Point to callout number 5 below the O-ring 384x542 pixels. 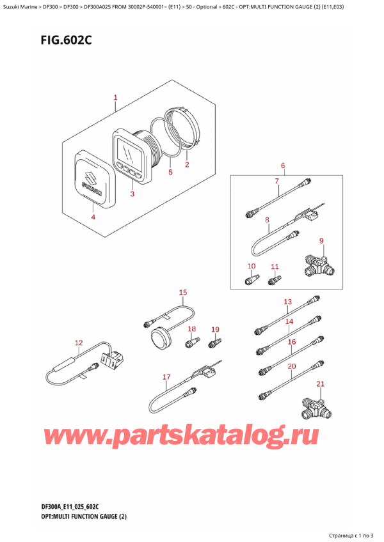(170, 172)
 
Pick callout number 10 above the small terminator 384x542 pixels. (251, 266)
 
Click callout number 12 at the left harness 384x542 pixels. (79, 343)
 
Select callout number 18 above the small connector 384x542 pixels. (191, 329)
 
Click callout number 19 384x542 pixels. (215, 329)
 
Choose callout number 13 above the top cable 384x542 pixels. (287, 302)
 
